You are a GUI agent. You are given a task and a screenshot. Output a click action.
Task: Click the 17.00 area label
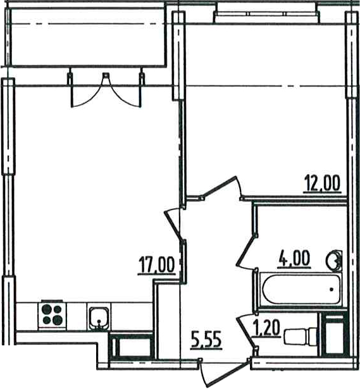click(156, 266)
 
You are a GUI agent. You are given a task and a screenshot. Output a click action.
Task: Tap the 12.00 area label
click(322, 183)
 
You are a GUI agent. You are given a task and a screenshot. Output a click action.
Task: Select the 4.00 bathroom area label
click(294, 259)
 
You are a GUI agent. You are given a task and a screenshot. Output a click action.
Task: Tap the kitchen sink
click(99, 319)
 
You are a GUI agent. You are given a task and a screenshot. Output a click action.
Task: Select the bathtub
click(301, 290)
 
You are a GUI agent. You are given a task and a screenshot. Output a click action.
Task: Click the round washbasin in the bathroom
click(334, 261)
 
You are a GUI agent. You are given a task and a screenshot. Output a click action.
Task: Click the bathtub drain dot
click(332, 289)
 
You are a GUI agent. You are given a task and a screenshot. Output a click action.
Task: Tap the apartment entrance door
click(225, 372)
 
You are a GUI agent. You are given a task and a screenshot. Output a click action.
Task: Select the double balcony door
click(106, 90)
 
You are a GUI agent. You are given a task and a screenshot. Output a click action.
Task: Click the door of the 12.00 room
click(222, 188)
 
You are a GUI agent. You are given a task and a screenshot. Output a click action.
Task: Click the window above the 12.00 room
click(266, 14)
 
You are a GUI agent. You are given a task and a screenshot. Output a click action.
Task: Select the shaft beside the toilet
click(334, 334)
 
